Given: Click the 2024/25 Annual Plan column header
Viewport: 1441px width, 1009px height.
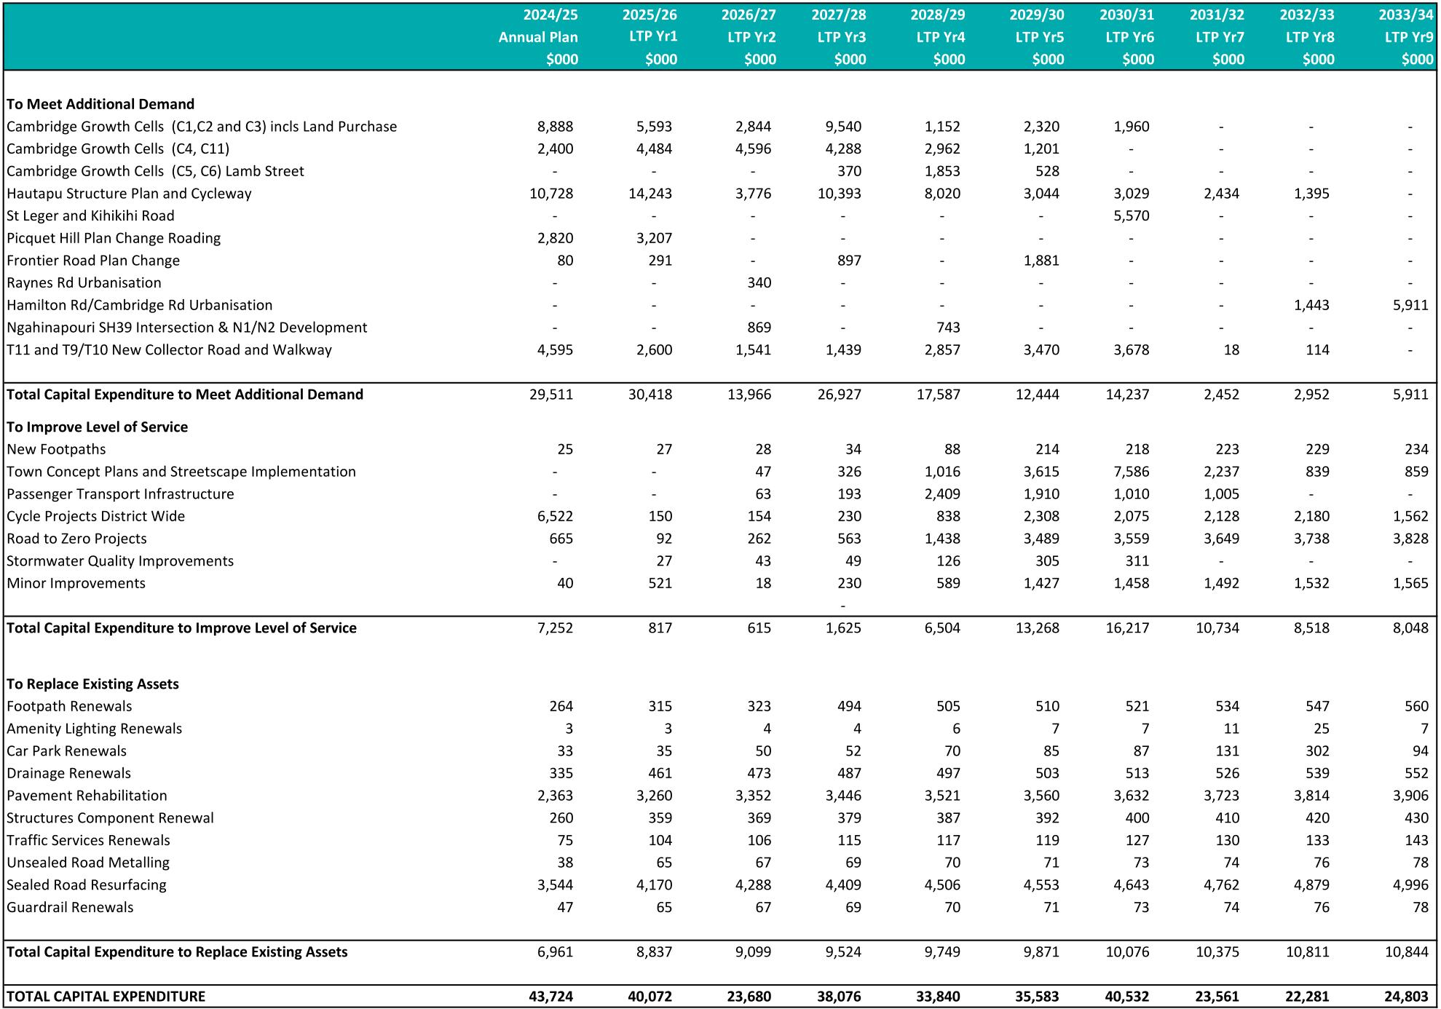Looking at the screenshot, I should pyautogui.click(x=538, y=36).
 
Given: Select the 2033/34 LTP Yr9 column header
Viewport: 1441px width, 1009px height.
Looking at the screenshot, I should pyautogui.click(x=1406, y=36).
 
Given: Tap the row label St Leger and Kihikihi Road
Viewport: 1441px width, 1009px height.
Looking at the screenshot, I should pyautogui.click(x=90, y=215).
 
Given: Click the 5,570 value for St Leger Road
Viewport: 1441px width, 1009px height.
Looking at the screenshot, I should pyautogui.click(x=1131, y=215).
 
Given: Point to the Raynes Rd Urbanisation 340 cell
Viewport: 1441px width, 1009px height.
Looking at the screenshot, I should pyautogui.click(x=758, y=282).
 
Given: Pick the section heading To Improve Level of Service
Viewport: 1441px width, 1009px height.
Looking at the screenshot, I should pyautogui.click(x=97, y=427).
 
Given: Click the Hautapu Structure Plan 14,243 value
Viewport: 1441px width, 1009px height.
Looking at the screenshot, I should pyautogui.click(x=650, y=193).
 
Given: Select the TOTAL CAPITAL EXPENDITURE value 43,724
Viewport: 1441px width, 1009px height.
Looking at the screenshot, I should pyautogui.click(x=551, y=996).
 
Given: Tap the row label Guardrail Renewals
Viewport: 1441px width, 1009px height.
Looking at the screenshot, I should pyautogui.click(x=70, y=907).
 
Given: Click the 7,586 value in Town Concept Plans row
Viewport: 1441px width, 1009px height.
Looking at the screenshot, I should pyautogui.click(x=1131, y=471).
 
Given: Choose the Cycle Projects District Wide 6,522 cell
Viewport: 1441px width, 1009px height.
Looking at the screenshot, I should pyautogui.click(x=554, y=516).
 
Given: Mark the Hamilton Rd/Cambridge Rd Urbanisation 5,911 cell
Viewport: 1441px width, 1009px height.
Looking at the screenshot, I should pyautogui.click(x=1410, y=305).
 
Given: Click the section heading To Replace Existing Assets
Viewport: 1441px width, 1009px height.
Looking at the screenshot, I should pyautogui.click(x=92, y=684).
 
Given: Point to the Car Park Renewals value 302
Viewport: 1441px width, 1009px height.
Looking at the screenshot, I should pyautogui.click(x=1317, y=751).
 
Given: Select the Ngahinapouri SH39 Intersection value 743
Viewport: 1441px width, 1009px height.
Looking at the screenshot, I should pyautogui.click(x=948, y=328).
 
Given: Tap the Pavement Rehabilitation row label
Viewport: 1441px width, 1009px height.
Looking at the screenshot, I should pyautogui.click(x=87, y=795).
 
